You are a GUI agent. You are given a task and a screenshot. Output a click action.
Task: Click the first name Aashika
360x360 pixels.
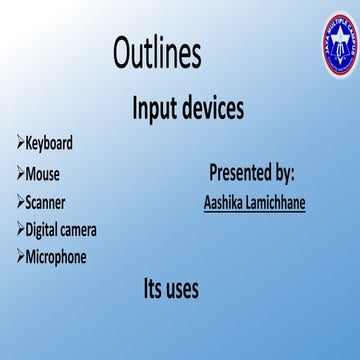coord(226,201)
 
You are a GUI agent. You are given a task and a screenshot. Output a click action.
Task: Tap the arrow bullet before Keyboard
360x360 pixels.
coord(20,144)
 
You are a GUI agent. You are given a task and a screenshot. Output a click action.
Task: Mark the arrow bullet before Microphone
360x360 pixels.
coord(20,257)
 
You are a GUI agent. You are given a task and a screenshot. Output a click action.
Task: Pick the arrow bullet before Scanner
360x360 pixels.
coord(20,201)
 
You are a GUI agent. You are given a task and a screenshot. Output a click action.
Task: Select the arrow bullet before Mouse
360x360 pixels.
coord(20,173)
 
